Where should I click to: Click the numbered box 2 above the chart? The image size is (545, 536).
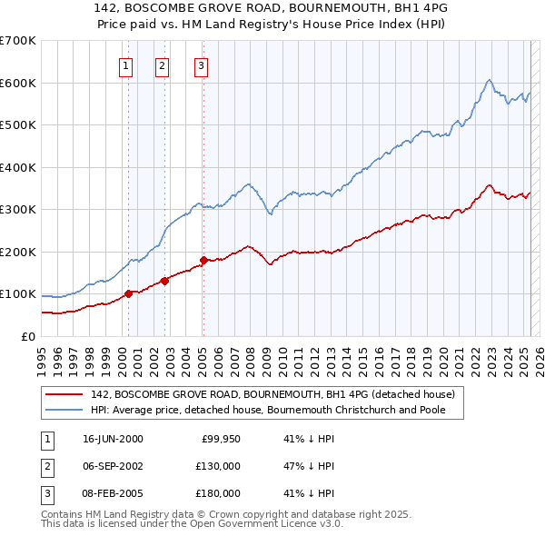[x=162, y=65]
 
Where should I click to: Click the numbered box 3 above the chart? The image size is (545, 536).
[x=200, y=65]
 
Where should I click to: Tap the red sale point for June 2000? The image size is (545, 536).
[x=129, y=293]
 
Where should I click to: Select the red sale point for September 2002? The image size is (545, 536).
[x=164, y=281]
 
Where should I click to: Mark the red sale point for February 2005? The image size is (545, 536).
[x=203, y=261]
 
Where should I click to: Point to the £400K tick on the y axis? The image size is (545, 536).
[x=18, y=167]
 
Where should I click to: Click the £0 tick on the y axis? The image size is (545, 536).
[x=29, y=336]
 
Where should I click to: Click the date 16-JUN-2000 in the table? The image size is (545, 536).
[x=113, y=439]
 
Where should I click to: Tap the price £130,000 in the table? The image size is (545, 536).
[x=219, y=466]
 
